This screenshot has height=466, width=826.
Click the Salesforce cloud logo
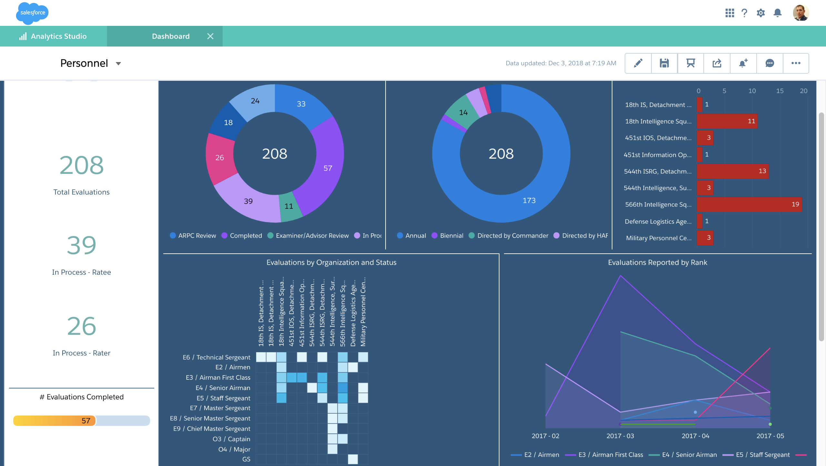tap(32, 13)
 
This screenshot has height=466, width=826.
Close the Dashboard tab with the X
tap(210, 36)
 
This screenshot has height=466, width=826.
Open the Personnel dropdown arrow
tap(118, 64)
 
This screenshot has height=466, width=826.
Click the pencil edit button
tap(638, 63)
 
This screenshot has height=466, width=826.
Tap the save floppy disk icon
tap(664, 63)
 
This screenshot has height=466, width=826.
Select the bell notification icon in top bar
tap(778, 13)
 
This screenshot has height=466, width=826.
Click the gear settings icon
tap(761, 13)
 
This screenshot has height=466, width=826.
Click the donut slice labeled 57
tap(327, 168)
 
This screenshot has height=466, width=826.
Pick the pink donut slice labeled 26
tap(219, 158)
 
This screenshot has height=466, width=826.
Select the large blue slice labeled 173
tap(529, 200)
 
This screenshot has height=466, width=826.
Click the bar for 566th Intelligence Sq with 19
tap(749, 205)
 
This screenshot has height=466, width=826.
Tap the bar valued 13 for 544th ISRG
tap(732, 171)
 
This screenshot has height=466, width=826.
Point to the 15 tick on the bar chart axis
tap(780, 91)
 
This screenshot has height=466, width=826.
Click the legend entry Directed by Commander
tap(512, 236)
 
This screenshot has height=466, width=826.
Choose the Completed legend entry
tap(246, 236)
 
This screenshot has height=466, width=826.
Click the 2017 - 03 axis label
tap(620, 436)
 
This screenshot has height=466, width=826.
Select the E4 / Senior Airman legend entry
tap(696, 455)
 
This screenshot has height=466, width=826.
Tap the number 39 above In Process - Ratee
tap(81, 245)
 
